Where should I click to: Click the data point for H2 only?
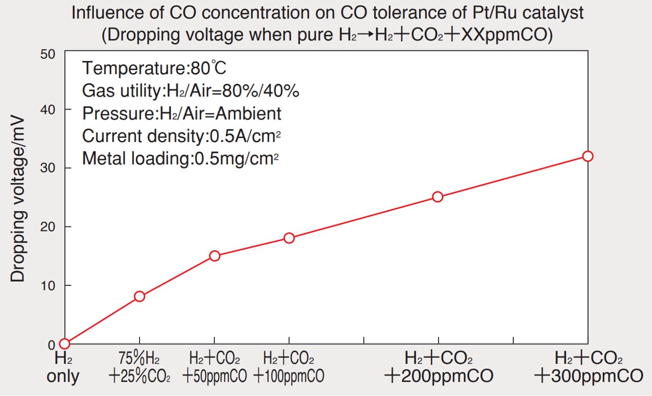[64, 343]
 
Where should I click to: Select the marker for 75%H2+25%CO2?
[140, 296]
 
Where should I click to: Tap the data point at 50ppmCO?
[214, 255]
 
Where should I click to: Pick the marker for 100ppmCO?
[289, 238]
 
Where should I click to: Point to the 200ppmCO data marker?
[438, 197]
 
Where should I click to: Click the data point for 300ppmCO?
[588, 156]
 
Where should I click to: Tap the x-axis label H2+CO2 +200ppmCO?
[439, 367]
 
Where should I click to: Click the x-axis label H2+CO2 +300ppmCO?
[589, 367]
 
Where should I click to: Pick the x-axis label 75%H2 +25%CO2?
[140, 367]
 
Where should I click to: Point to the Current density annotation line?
[184, 136]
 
